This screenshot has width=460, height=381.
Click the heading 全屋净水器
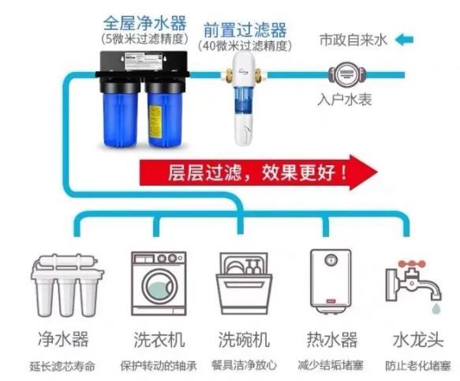[x=144, y=23]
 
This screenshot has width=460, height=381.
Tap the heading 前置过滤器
[x=245, y=29]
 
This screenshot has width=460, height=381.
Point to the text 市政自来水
[x=353, y=40]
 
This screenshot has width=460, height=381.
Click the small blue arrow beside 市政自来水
[x=404, y=40]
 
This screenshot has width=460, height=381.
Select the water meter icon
[x=346, y=74]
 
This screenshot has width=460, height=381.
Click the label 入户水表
[x=345, y=100]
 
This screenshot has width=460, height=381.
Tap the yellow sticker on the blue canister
[x=155, y=121]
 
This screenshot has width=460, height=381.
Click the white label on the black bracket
[x=144, y=61]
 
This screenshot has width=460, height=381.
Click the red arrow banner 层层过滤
[x=259, y=172]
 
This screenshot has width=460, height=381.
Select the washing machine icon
[x=159, y=284]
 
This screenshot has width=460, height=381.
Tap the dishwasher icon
[x=244, y=284]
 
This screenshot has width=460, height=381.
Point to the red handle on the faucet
[x=412, y=264]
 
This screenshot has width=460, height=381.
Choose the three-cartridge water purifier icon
[x=68, y=285]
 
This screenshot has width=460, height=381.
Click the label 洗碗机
[x=244, y=340]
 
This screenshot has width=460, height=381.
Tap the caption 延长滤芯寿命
[x=62, y=366]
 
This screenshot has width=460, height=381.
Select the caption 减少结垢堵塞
[x=331, y=365]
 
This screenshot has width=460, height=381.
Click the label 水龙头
[x=418, y=340]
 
